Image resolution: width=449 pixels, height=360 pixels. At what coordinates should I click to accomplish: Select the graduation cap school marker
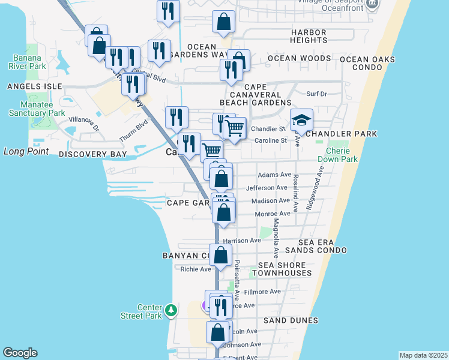[301, 120]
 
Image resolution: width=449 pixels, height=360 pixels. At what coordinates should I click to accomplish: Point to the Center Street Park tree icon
[172, 310]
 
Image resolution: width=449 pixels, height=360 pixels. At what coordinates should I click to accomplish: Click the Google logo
[20, 353]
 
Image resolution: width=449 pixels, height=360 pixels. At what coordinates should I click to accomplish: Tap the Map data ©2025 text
[423, 355]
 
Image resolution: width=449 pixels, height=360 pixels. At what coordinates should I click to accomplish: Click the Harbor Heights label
[308, 36]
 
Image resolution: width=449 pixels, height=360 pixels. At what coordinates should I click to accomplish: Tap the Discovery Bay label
[93, 154]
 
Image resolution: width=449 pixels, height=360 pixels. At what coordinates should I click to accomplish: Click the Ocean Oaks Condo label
[369, 63]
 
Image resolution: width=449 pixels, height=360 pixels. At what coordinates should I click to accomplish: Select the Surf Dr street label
[316, 94]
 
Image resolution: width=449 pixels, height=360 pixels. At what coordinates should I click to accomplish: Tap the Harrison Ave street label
[243, 241]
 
